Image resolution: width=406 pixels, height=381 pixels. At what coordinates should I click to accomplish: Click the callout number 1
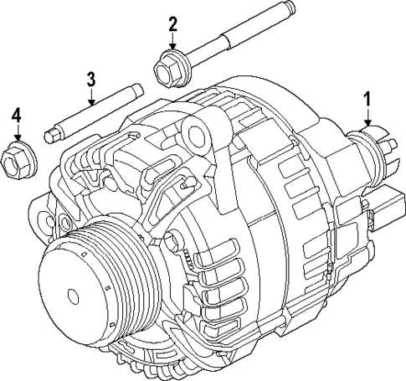[366, 100]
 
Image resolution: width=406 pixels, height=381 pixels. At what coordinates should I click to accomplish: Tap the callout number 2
[173, 23]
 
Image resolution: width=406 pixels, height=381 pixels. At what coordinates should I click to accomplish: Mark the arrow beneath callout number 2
[173, 43]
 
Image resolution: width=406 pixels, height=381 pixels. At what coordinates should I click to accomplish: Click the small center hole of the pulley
[74, 295]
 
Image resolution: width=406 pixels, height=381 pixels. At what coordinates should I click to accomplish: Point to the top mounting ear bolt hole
[198, 131]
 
